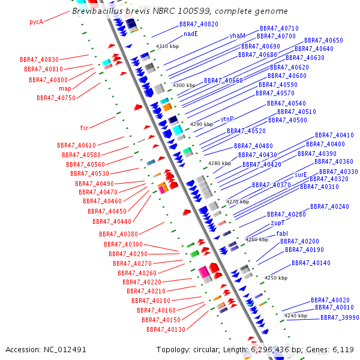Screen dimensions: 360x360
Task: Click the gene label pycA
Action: (x=37, y=22)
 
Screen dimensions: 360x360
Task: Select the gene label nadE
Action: (x=191, y=34)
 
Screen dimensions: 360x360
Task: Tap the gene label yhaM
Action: (x=237, y=36)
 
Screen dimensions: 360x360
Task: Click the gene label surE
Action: (x=301, y=175)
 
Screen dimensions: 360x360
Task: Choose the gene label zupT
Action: (x=277, y=223)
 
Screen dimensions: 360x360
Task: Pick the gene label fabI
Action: (x=282, y=233)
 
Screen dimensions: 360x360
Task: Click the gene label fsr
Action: (x=84, y=128)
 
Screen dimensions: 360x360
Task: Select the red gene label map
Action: (x=65, y=89)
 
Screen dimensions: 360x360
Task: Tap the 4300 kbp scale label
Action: (x=184, y=86)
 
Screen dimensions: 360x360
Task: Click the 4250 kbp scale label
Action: (x=276, y=278)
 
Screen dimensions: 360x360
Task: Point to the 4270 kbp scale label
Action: (x=237, y=202)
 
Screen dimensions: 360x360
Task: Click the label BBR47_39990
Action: (x=340, y=317)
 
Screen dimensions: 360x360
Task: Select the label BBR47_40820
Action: (x=199, y=24)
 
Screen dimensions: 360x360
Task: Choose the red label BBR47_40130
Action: (x=166, y=329)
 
